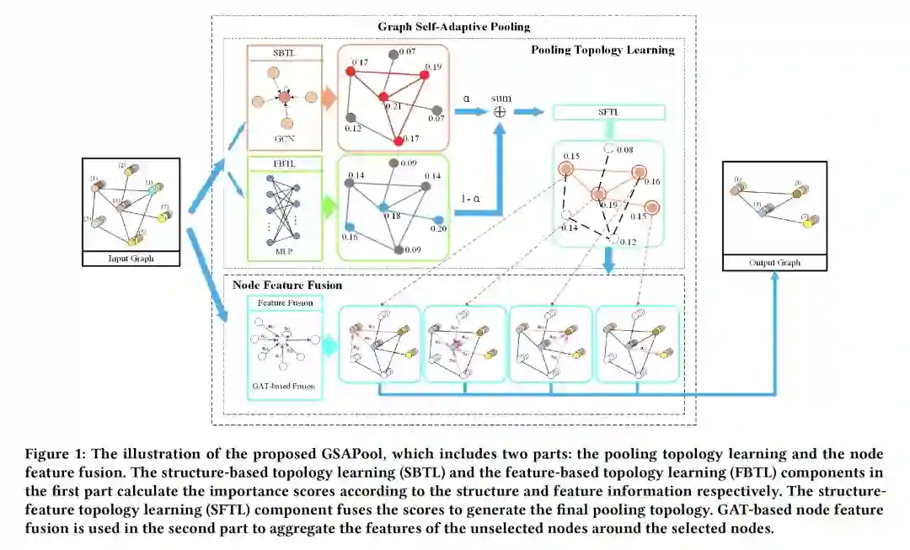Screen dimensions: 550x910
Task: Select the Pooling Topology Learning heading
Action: (602, 50)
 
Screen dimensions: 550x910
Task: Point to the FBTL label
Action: (284, 163)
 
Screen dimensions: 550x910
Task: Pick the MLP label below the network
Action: (284, 251)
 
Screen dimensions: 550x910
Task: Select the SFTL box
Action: (608, 112)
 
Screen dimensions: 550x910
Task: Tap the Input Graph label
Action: (131, 259)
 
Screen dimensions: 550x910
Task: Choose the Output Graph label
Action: (775, 263)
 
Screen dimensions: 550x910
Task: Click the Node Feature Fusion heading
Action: (286, 286)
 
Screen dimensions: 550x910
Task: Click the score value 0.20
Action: (437, 228)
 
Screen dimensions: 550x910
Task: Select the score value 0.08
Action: (624, 150)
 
